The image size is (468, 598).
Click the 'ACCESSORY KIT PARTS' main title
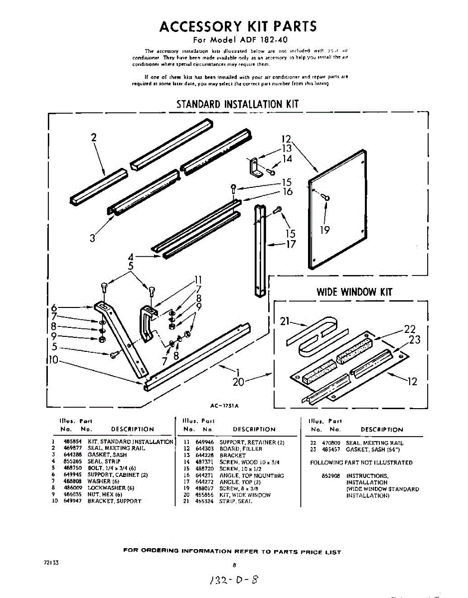(238, 26)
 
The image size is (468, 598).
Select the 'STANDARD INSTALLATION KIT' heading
(237, 104)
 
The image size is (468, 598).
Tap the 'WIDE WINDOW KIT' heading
(354, 292)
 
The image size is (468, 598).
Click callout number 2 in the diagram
(94, 138)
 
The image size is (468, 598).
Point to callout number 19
(325, 230)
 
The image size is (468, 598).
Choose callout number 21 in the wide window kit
(285, 321)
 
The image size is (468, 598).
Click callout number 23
(414, 340)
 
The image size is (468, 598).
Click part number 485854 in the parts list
(69, 442)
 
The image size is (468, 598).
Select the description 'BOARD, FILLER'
(241, 448)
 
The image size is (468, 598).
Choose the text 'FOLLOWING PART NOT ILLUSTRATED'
(361, 462)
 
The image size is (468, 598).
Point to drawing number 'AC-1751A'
(225, 406)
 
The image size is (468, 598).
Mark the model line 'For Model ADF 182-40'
(240, 40)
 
